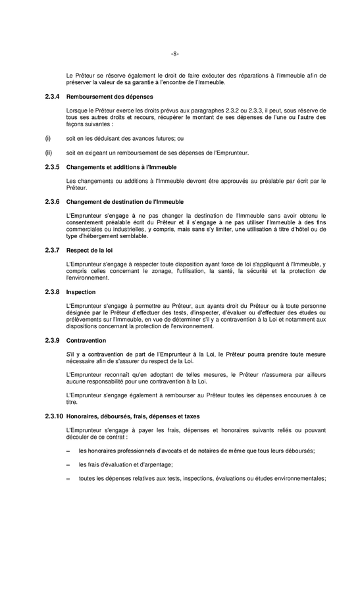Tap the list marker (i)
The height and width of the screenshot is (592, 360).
[x=47, y=139]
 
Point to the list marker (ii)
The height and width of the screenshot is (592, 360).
[x=48, y=153]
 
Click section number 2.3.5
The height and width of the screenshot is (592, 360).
[x=52, y=168]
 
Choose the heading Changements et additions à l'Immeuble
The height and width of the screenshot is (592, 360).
[x=113, y=168]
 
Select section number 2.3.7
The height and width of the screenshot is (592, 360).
[x=52, y=250]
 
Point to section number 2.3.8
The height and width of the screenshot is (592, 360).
[x=52, y=291]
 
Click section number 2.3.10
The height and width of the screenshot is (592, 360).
[x=54, y=416]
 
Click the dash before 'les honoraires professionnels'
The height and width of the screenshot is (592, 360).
[x=68, y=451]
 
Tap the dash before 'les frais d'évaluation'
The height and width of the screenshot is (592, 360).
[x=68, y=464]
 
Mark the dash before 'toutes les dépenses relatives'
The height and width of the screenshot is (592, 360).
[x=68, y=479]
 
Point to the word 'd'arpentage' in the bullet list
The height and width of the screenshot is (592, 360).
[x=153, y=464]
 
